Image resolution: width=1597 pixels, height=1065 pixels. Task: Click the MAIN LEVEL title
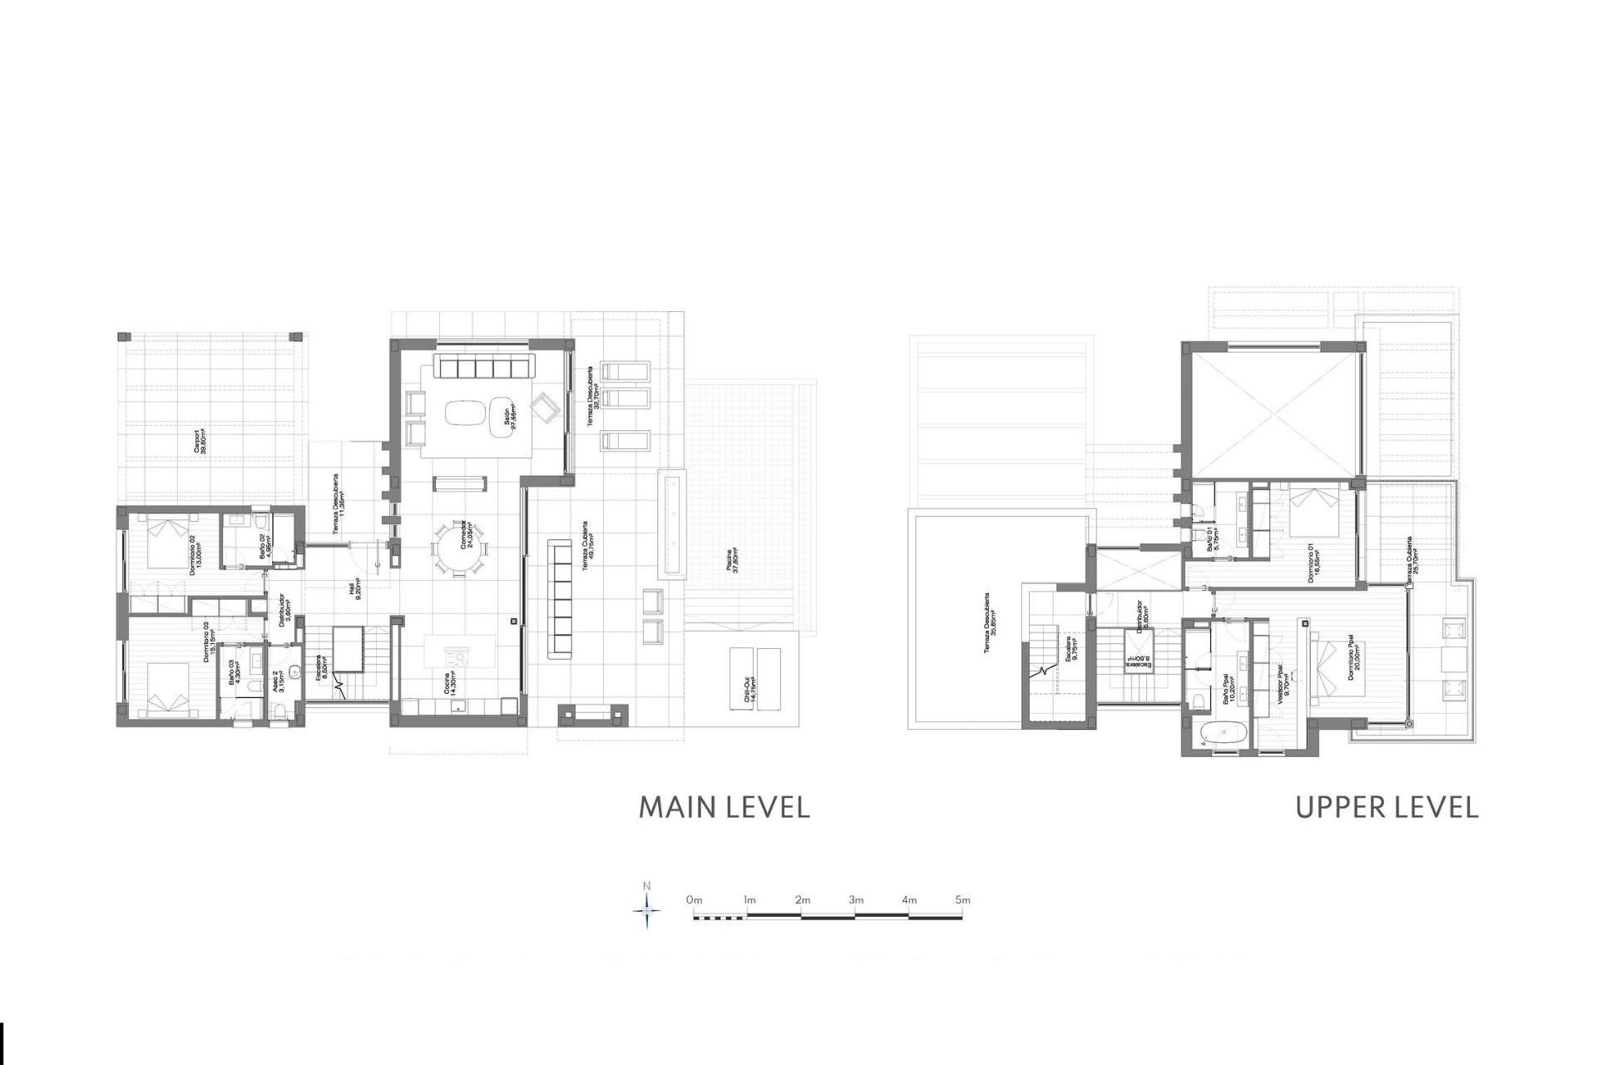(x=724, y=807)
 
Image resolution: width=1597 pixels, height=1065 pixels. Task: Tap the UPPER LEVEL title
(x=1387, y=807)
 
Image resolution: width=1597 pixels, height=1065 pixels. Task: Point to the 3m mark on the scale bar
(x=856, y=900)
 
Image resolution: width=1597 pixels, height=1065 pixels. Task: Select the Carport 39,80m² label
(x=200, y=441)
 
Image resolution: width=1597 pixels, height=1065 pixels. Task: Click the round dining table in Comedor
(x=457, y=548)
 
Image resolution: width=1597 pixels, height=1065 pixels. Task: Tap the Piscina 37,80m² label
(x=733, y=565)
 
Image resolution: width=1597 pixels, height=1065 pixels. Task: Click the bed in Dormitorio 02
(x=170, y=542)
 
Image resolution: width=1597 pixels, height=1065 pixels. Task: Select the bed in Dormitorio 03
(x=171, y=686)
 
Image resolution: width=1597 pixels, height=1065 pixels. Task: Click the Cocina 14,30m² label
(x=450, y=687)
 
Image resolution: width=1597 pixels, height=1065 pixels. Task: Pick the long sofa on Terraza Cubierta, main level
(x=560, y=599)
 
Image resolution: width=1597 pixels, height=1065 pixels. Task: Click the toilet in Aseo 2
(x=279, y=710)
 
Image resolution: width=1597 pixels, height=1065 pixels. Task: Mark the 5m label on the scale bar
(x=962, y=900)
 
